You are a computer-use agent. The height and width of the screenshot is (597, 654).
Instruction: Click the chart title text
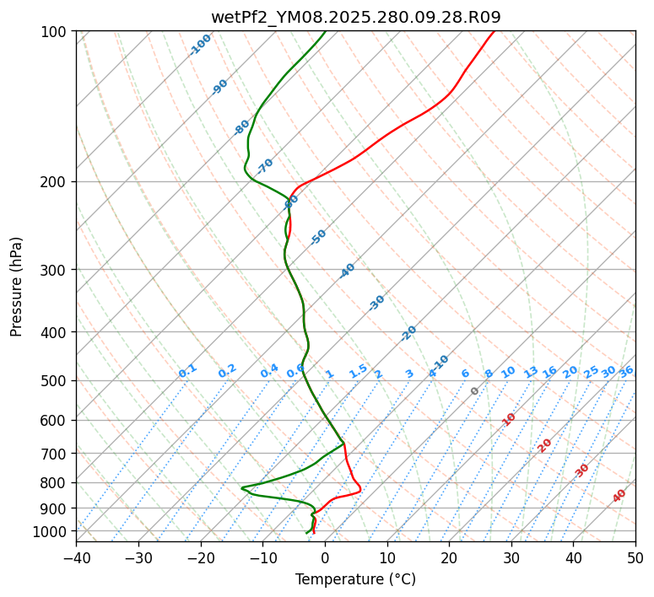point(355,17)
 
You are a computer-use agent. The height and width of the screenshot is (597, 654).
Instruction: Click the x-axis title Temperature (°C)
point(355,580)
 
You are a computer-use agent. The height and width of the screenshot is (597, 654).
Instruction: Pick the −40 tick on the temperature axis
point(76,557)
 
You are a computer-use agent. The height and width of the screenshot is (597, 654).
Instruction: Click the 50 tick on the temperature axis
point(635,557)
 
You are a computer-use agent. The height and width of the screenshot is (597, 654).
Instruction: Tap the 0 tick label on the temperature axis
point(325,557)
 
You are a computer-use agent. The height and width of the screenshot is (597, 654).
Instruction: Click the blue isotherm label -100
point(200,45)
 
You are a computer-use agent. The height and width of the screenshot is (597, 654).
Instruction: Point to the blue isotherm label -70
point(265,166)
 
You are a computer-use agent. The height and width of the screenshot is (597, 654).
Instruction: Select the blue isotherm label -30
point(376,303)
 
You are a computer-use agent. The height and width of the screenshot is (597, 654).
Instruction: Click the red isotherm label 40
point(619,496)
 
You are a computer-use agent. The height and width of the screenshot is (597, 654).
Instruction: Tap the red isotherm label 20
point(545,444)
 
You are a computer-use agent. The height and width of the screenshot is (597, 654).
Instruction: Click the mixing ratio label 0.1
point(187,371)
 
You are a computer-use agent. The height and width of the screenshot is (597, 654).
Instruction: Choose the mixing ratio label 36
point(626,371)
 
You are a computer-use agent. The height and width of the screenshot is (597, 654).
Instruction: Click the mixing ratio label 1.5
point(358,371)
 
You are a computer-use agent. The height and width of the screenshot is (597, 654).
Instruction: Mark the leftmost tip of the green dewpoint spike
point(241,487)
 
